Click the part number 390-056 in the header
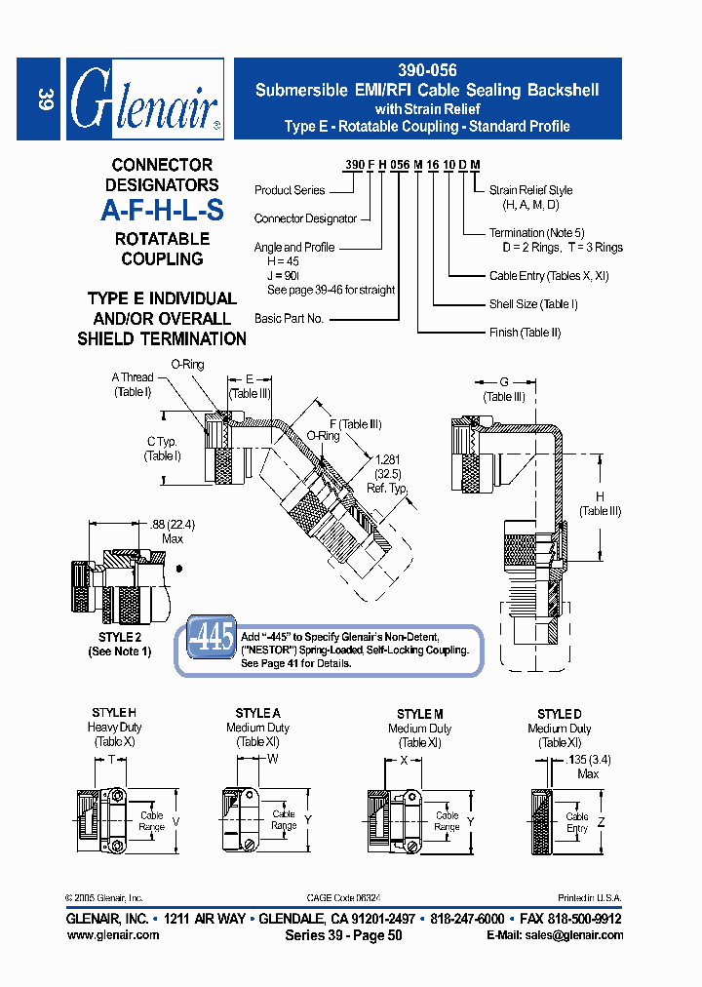(427, 71)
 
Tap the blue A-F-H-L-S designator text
(162, 211)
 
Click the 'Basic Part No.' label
(289, 319)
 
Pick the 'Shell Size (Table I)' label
(533, 304)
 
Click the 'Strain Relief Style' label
(530, 190)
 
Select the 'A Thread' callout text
(133, 378)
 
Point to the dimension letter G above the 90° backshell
(504, 382)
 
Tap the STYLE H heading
(114, 714)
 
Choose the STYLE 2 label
(119, 638)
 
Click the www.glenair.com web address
(113, 934)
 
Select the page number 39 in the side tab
(44, 99)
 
